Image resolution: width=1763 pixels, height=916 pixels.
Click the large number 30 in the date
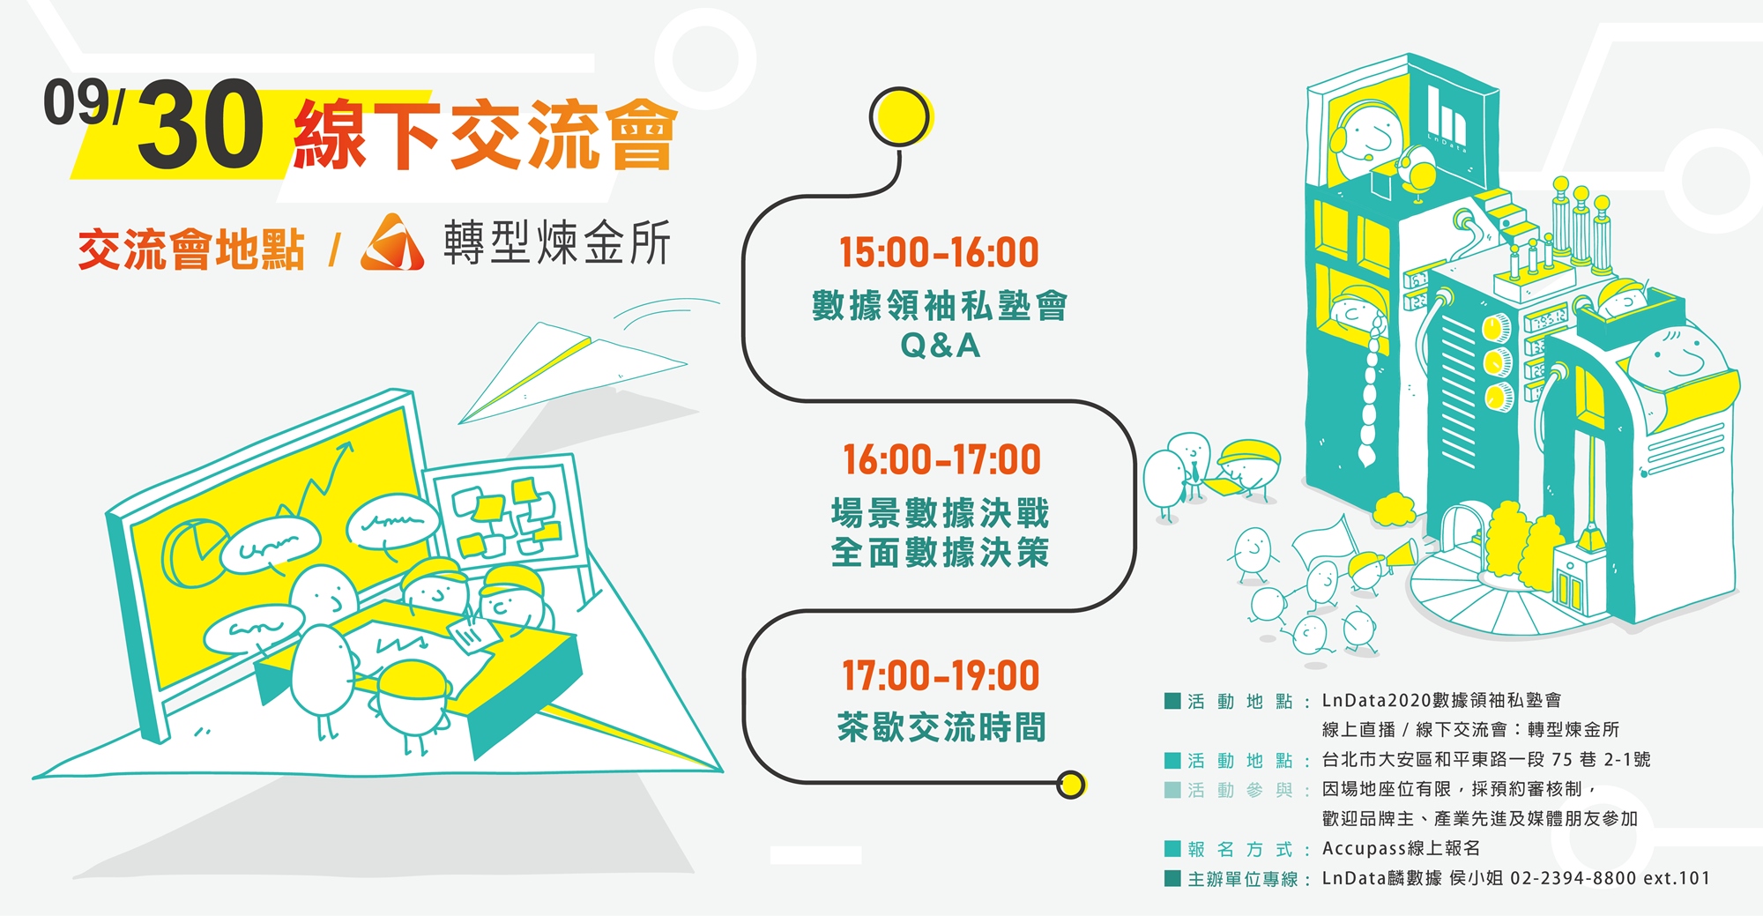(x=201, y=124)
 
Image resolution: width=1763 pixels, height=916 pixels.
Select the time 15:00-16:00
(x=940, y=253)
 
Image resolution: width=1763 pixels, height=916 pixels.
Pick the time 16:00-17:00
(x=941, y=460)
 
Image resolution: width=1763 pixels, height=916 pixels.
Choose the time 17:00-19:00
(x=941, y=676)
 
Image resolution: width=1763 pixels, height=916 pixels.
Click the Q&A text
(x=940, y=346)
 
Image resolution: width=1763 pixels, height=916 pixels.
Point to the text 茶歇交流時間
(x=941, y=727)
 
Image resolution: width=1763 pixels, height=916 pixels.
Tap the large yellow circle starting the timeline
(x=901, y=117)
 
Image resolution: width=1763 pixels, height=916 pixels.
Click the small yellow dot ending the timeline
(x=1071, y=785)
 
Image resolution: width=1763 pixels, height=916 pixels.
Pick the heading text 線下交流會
(x=485, y=134)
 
